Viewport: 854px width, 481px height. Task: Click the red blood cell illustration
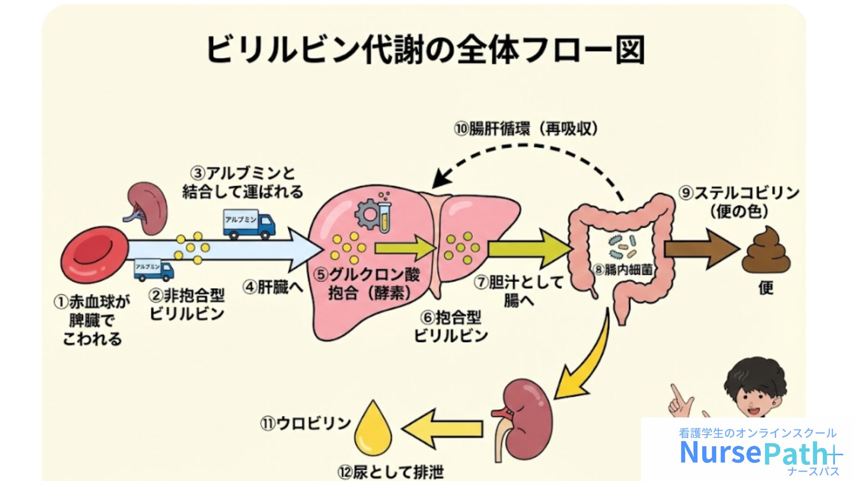94,255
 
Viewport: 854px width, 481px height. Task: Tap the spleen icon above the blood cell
147,208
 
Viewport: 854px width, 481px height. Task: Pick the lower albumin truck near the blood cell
153,270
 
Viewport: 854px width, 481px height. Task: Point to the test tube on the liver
384,216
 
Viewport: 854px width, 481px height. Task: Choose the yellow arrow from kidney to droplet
442,428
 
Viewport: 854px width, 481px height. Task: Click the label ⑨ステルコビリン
739,193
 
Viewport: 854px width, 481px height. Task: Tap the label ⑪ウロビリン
306,423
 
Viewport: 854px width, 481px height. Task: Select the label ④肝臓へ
273,287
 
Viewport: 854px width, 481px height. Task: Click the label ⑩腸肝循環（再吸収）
526,129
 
